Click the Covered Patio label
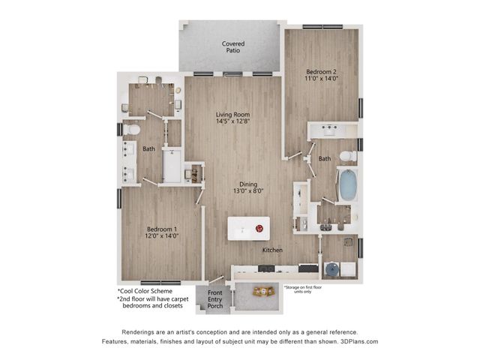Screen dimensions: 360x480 [232, 48]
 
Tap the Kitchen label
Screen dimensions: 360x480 [272, 250]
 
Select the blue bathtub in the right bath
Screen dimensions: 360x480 [348, 185]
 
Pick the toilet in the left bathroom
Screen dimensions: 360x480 [131, 130]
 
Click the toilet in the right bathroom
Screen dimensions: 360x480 [347, 156]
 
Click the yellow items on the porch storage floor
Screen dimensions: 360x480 [262, 291]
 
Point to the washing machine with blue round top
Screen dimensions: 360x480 [331, 268]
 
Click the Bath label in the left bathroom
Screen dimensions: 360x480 [149, 148]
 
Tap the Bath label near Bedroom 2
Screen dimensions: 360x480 [324, 159]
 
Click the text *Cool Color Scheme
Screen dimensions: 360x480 [145, 291]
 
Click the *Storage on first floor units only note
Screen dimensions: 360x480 [307, 289]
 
